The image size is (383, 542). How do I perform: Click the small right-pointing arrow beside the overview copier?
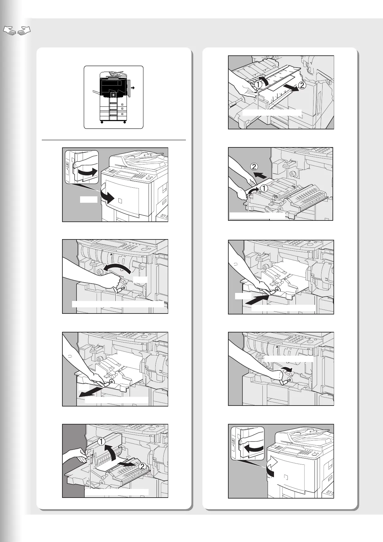pos(132,87)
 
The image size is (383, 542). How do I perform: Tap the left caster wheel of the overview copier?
pos(102,122)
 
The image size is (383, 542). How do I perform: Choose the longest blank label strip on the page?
pos(118,304)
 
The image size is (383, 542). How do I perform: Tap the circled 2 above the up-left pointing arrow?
pos(254,167)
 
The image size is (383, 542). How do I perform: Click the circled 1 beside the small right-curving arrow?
pos(265,188)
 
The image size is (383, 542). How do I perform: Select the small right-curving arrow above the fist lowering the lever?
pos(287,369)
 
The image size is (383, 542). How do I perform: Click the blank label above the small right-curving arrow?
pos(288,359)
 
